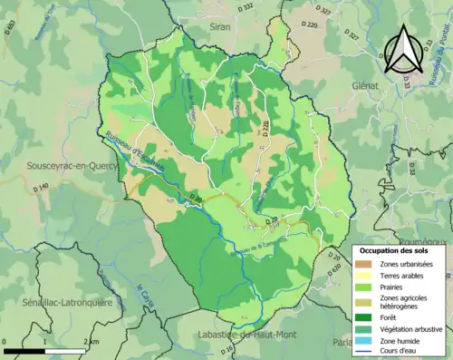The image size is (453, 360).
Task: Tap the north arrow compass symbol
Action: pos(406,51)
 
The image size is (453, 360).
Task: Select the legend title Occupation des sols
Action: pos(397,250)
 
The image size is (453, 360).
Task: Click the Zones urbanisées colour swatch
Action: pos(364,263)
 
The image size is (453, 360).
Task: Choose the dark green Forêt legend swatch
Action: pos(364,317)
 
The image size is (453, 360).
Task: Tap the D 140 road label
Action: pos(42,189)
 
